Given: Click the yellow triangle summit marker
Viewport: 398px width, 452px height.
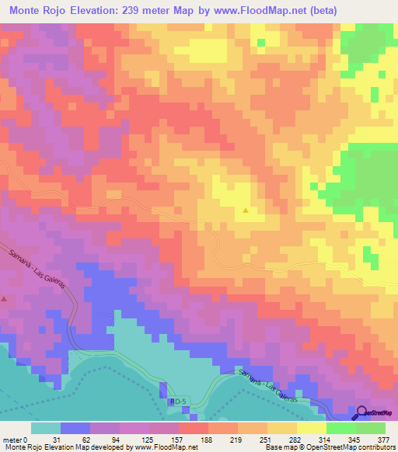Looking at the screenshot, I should [246, 210].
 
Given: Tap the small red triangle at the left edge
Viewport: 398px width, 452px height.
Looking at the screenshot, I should [4, 297].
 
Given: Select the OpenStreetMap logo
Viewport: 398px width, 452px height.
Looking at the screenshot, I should [375, 412].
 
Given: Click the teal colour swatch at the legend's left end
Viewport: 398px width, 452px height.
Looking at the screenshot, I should [46, 429].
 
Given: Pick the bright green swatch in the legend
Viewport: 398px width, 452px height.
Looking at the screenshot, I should [340, 429].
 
